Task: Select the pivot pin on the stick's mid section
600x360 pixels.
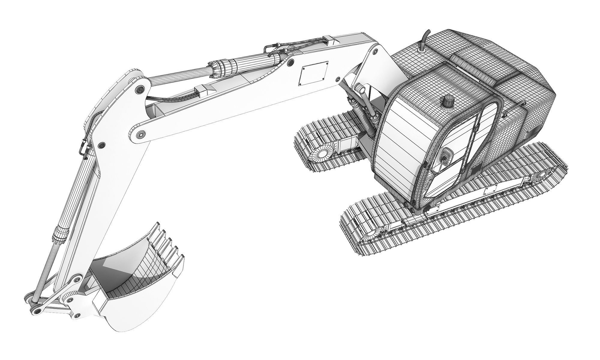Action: click(x=102, y=145)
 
